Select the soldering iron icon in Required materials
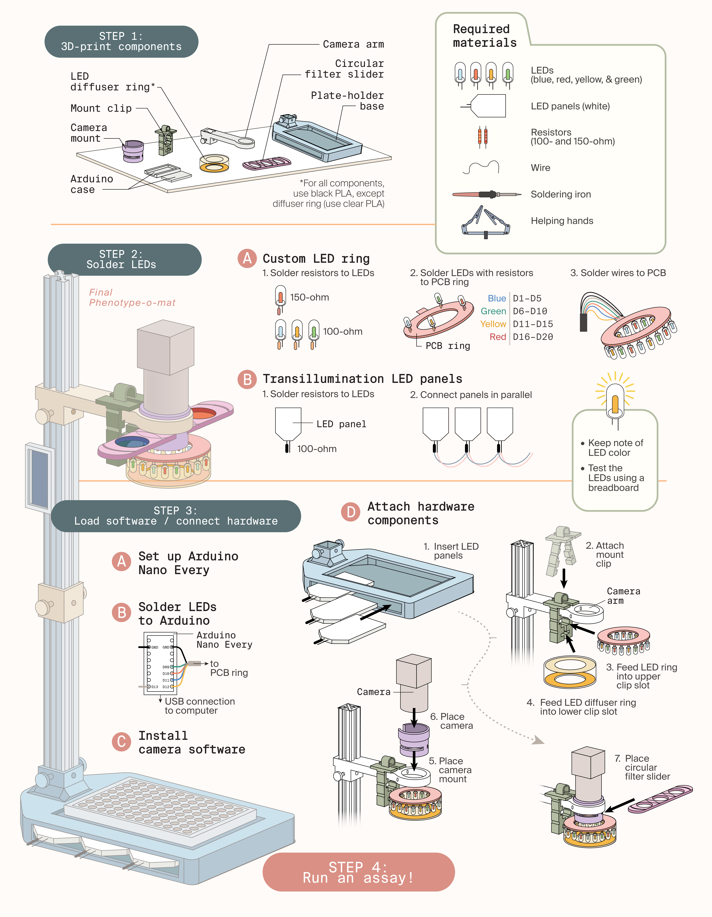click(486, 194)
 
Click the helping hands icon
click(486, 222)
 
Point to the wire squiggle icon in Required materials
click(481, 168)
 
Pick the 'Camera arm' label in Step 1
click(353, 44)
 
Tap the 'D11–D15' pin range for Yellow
click(533, 324)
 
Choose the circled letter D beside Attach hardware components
click(351, 512)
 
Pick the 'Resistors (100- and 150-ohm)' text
click(572, 137)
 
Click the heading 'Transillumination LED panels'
click(362, 379)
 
